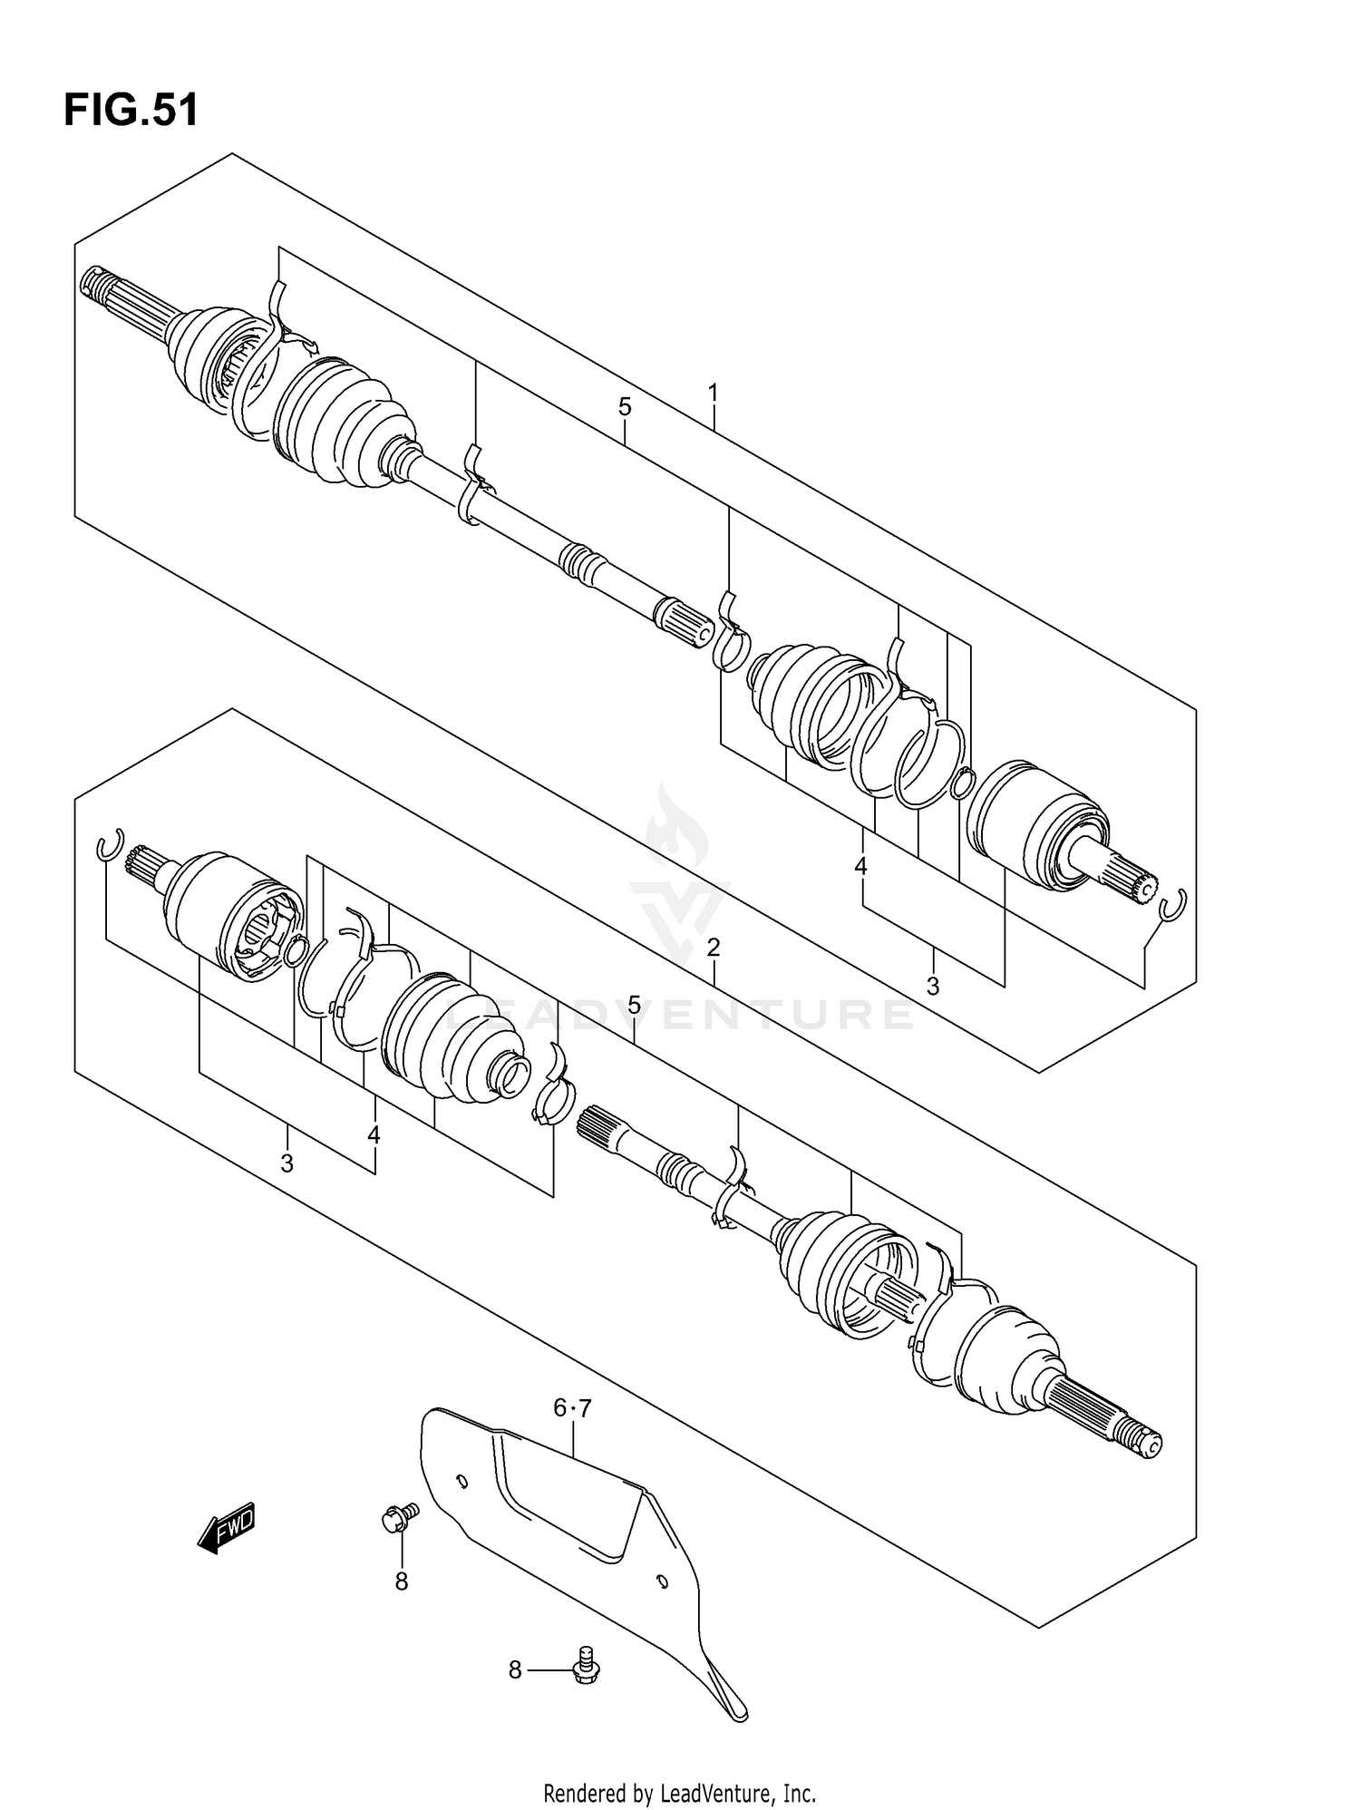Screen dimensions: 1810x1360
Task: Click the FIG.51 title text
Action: tap(131, 112)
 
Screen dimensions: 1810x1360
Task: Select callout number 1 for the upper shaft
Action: tap(714, 394)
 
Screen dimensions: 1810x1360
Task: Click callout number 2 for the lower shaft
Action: tap(714, 949)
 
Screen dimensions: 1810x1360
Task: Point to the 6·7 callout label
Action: tap(572, 1408)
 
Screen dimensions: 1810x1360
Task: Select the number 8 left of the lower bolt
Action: tap(515, 1669)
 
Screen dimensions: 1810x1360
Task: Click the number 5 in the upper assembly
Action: tap(625, 407)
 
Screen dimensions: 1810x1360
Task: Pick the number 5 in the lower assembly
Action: tap(634, 1005)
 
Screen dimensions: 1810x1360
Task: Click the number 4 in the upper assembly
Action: tap(860, 867)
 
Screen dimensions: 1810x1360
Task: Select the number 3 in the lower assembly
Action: tap(287, 1163)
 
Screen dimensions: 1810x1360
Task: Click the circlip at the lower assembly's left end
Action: tap(109, 844)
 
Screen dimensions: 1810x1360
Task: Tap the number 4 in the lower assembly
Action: tap(374, 1134)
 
